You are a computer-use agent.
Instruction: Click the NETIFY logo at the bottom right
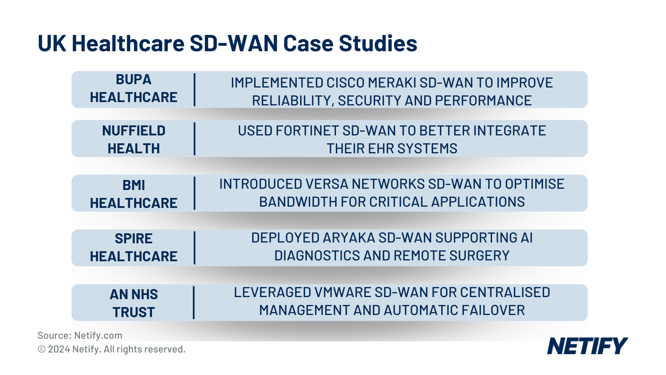(x=587, y=346)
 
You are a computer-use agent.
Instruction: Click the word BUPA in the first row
(x=133, y=80)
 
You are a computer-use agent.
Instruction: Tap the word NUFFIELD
(x=134, y=131)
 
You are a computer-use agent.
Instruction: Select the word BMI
(x=134, y=185)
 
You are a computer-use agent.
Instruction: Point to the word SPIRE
(x=134, y=239)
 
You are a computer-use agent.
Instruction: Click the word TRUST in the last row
(x=134, y=312)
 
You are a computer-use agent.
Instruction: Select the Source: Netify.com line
(x=80, y=335)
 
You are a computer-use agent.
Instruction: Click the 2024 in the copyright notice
(x=59, y=349)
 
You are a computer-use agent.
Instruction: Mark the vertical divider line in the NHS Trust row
(x=194, y=302)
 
